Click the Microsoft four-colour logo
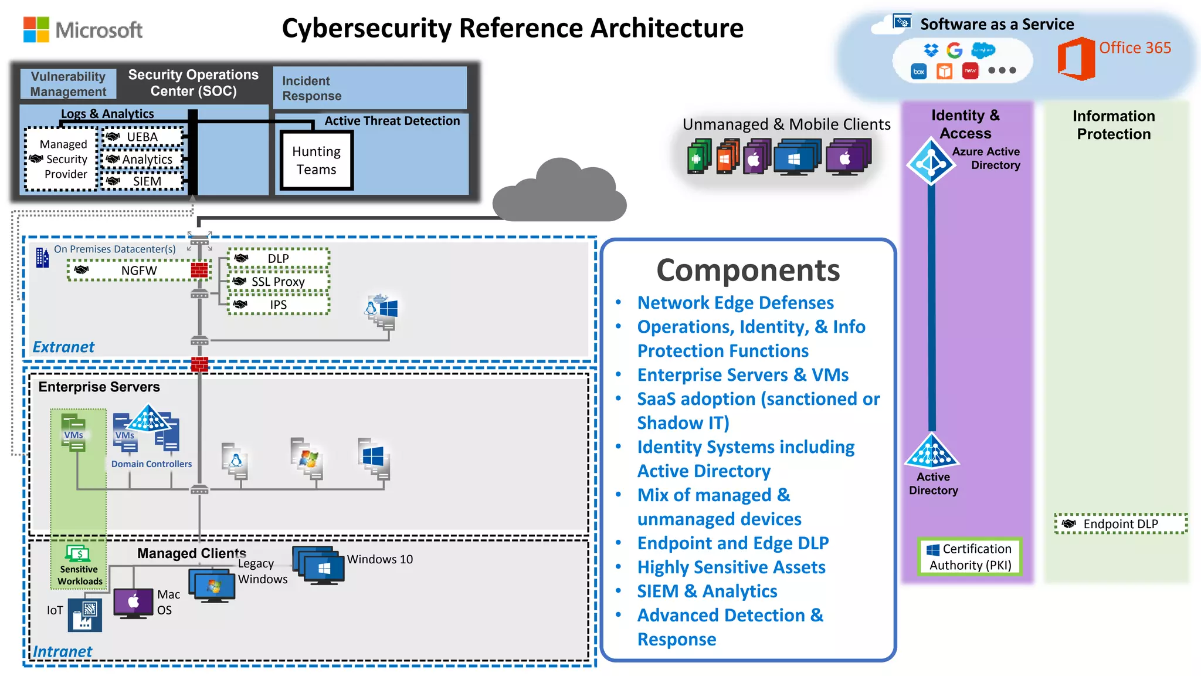[x=36, y=29]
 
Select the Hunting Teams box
[x=317, y=160]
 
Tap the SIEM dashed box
[x=143, y=181]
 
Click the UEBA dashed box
[x=143, y=137]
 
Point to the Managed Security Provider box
[x=62, y=159]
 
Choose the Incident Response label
[x=311, y=89]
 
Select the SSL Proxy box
[x=278, y=282]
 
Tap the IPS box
[x=278, y=305]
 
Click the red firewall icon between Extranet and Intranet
[x=199, y=364]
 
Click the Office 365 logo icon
[x=1076, y=59]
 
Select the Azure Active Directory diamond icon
[x=931, y=161]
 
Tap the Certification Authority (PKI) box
[x=970, y=557]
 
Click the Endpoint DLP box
[x=1120, y=523]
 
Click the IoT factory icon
[x=84, y=615]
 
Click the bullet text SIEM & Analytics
[x=707, y=591]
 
